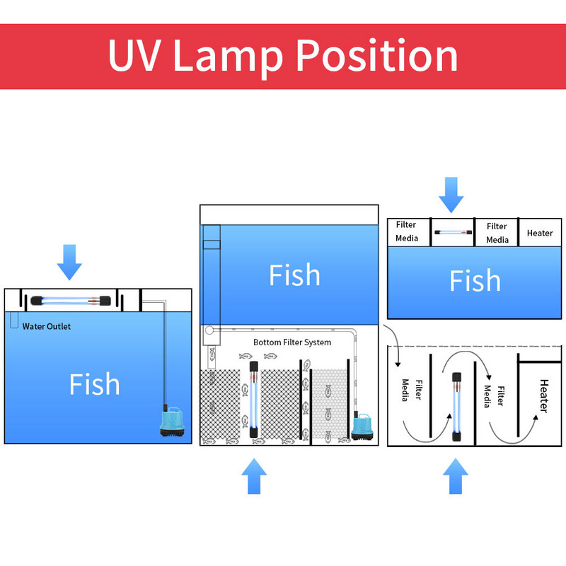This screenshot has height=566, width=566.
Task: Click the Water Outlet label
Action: click(x=47, y=327)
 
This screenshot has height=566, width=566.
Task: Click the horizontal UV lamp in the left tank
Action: click(x=69, y=301)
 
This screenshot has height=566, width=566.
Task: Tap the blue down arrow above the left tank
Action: click(x=69, y=261)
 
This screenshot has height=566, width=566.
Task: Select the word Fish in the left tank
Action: click(x=94, y=384)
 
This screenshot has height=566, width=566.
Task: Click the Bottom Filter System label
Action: click(x=292, y=342)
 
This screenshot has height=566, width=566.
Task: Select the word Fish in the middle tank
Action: click(x=294, y=275)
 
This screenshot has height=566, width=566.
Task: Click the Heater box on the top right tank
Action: click(x=540, y=233)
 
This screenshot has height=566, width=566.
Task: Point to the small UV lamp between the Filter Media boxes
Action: click(x=453, y=231)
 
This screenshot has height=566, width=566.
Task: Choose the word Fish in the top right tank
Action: click(x=475, y=281)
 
